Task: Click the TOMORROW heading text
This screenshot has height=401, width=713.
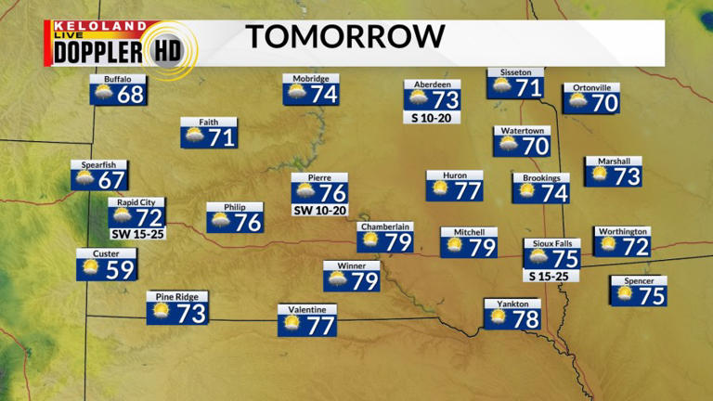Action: tap(345, 37)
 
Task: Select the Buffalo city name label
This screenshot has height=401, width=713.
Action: tap(118, 80)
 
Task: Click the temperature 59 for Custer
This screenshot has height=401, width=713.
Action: tap(121, 269)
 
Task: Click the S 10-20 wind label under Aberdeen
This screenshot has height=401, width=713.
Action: tap(433, 118)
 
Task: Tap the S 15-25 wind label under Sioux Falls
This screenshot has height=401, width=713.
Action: tap(551, 276)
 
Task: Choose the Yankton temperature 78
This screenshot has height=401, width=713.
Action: tap(526, 317)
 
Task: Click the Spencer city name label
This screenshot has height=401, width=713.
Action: tap(639, 281)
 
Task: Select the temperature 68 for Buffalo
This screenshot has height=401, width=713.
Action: tap(131, 95)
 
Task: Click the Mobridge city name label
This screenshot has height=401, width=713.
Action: tap(310, 79)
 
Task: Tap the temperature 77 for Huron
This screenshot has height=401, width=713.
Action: tap(468, 191)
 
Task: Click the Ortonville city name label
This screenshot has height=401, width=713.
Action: tap(591, 87)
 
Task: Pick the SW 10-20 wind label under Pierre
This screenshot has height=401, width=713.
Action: tap(319, 211)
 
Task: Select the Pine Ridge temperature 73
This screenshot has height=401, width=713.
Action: tap(190, 313)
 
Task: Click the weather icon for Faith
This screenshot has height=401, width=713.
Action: tap(195, 137)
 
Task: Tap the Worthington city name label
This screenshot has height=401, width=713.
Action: tap(622, 231)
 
